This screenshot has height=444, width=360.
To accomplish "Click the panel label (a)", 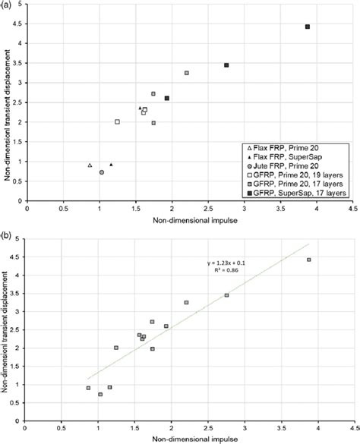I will (x=7, y=5).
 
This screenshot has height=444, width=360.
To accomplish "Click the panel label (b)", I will (x=7, y=225).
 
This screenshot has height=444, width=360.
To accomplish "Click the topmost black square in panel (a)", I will (x=308, y=27).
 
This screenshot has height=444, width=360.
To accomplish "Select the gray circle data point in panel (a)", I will (x=102, y=172).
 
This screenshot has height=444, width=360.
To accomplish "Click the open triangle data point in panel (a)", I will (x=90, y=165).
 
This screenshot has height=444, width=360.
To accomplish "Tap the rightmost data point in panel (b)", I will (x=308, y=260).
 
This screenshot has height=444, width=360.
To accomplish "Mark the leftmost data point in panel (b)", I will (x=89, y=388).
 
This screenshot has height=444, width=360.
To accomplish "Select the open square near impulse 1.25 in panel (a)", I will (x=117, y=121).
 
